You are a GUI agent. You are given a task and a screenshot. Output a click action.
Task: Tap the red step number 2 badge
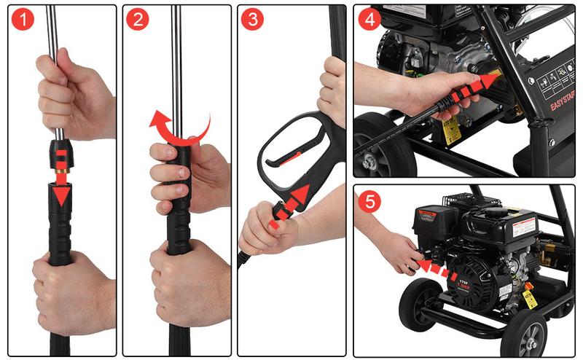(x=137, y=20)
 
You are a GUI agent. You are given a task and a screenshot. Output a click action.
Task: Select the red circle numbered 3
(x=252, y=20)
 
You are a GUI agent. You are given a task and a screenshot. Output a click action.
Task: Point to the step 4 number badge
(x=369, y=20)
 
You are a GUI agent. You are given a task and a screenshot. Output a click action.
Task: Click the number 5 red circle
(x=370, y=202)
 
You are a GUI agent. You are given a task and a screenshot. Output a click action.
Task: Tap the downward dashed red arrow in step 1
(x=60, y=175)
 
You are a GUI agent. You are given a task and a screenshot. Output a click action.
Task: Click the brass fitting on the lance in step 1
(x=60, y=175)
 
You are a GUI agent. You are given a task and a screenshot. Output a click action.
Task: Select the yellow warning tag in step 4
(x=452, y=131)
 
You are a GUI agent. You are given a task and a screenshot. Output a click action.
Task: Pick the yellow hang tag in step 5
(x=530, y=299)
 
